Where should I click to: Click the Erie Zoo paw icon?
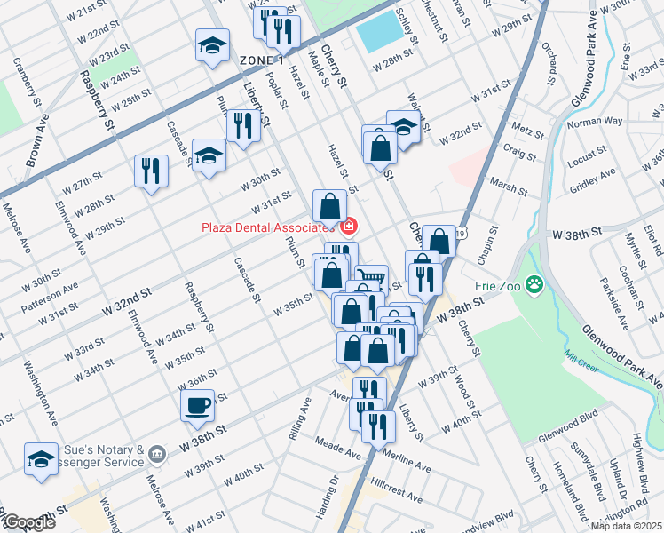pos(534,285)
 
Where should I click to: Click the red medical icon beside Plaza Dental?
pos(349,227)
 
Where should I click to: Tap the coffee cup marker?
pos(196,406)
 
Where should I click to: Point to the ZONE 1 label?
pos(261,60)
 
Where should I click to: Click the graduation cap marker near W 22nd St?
pos(213,46)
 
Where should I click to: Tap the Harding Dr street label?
pos(335,493)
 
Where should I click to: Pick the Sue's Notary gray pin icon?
pos(157,455)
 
